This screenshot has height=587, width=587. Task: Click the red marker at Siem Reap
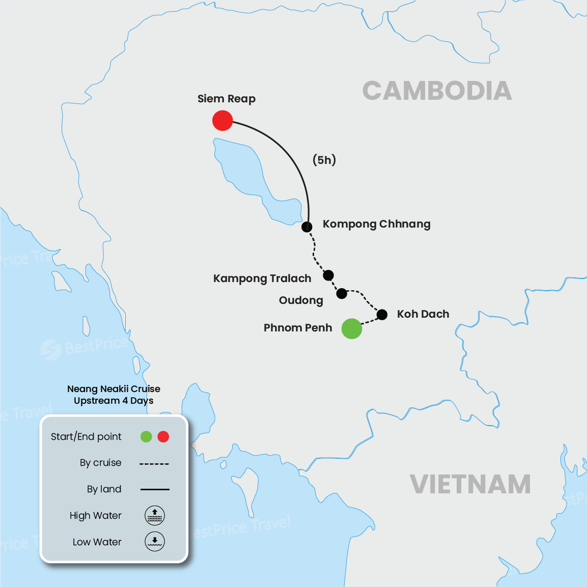tap(222, 121)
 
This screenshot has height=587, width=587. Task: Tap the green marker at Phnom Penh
tap(351, 328)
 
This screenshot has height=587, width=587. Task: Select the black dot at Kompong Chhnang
tap(306, 227)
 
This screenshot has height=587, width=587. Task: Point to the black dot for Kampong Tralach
tap(328, 275)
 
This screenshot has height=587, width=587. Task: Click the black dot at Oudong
tap(342, 293)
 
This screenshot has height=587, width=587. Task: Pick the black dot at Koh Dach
tap(382, 315)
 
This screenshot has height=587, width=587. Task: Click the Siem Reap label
tap(227, 99)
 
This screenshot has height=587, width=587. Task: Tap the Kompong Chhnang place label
tap(376, 224)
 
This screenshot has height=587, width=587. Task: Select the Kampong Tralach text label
tap(262, 278)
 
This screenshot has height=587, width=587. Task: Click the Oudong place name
tap(301, 300)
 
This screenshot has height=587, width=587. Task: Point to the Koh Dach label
tap(423, 314)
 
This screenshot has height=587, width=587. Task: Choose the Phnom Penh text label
tap(298, 328)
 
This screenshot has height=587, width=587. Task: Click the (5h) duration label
tap(324, 160)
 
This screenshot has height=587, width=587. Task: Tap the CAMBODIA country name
tap(437, 91)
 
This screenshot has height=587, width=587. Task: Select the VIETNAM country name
tap(470, 484)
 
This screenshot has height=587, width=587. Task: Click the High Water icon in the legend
tap(155, 515)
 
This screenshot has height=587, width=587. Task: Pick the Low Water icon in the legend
tap(155, 541)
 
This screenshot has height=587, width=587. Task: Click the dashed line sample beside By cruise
tap(154, 463)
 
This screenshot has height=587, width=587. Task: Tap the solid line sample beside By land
tap(155, 489)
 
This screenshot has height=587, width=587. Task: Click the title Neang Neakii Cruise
tap(114, 389)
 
